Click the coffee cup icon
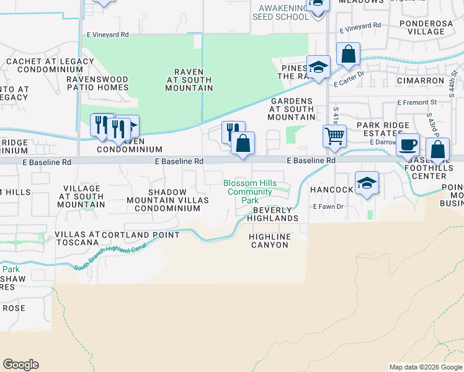coord(408,144)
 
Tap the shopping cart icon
coord(335,135)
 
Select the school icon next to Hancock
coord(367,184)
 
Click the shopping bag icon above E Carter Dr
coord(349,55)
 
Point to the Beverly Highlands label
coord(273,214)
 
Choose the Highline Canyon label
coord(269,241)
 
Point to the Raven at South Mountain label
coord(189,84)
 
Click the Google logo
coord(21,365)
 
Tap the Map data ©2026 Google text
coord(426,367)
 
